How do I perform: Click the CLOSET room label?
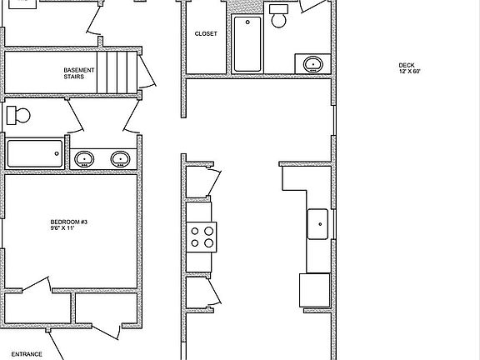coord(206,34)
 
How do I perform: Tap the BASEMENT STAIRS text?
coord(80,73)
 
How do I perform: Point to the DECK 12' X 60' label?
coord(409,68)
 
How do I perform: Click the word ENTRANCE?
coord(27,354)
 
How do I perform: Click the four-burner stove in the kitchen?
coord(201,237)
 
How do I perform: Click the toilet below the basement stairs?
coord(19,115)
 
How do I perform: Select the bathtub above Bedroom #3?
coord(35,153)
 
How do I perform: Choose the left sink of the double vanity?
coord(84,157)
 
